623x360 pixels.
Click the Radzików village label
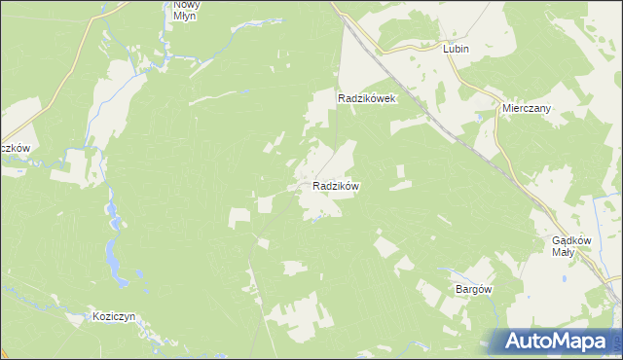(337, 185)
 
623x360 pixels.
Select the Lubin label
(456, 49)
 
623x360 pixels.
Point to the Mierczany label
(527, 109)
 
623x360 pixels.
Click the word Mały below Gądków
(564, 252)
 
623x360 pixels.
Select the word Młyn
(186, 16)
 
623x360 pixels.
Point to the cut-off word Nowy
(186, 4)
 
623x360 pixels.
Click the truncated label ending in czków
(16, 148)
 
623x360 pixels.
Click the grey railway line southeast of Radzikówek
(458, 136)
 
